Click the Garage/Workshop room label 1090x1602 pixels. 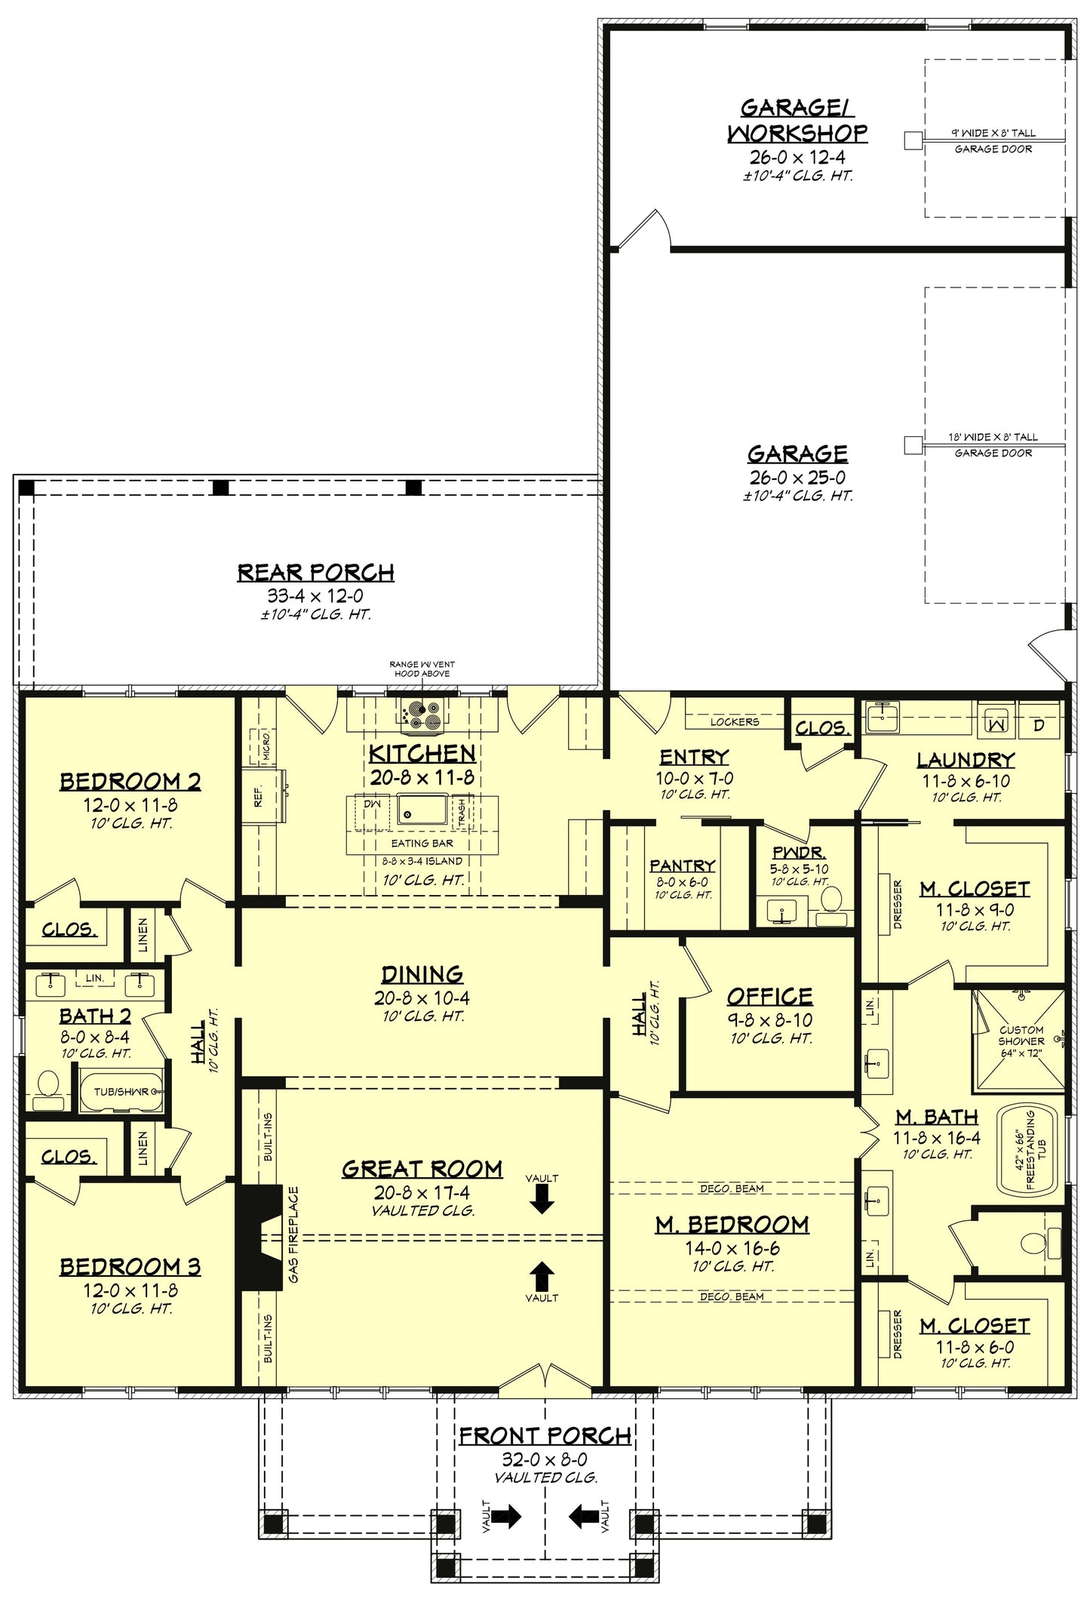[797, 121]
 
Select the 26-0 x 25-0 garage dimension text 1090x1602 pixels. [797, 477]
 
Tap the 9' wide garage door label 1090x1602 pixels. [993, 133]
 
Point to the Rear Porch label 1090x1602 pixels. [315, 573]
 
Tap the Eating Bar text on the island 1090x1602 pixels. [422, 843]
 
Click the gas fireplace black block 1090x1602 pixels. [250, 1237]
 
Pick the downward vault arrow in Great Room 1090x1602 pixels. [541, 1199]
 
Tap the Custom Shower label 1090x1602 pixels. [1021, 1041]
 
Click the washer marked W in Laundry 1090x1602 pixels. [996, 724]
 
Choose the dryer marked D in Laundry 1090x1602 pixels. [1039, 725]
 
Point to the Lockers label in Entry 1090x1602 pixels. [734, 722]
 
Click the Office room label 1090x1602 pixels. [769, 997]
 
